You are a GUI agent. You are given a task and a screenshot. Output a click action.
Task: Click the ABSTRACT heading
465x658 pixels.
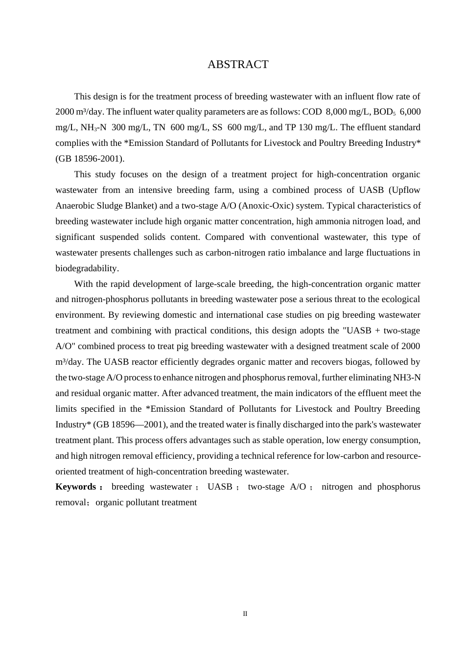pos(238,65)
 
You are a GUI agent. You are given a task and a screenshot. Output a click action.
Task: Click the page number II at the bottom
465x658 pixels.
pos(245,614)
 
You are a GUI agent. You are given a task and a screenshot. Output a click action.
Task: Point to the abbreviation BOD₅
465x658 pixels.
pos(384,112)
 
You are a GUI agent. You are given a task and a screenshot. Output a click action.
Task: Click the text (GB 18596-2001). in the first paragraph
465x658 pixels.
pos(90,159)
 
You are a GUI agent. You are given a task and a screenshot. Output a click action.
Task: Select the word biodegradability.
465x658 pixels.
pos(87,268)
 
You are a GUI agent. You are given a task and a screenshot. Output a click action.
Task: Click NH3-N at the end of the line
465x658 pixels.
pos(407,377)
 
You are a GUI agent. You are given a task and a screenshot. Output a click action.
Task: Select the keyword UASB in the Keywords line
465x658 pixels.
pos(220,487)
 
